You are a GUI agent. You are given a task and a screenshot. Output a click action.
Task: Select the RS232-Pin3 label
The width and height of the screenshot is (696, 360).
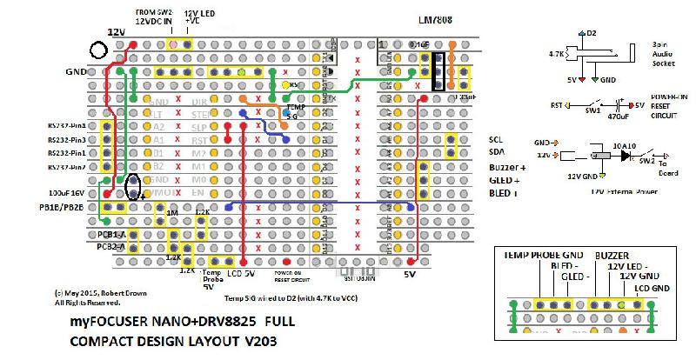click(x=66, y=139)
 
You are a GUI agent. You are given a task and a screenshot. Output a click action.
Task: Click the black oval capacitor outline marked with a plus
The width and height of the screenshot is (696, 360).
click(x=134, y=185)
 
